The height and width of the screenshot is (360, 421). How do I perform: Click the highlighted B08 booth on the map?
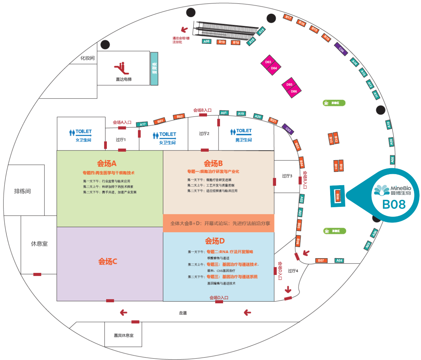(338, 196)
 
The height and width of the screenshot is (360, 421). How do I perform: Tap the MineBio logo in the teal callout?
(392, 191)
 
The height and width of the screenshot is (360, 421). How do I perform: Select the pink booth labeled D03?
(268, 62)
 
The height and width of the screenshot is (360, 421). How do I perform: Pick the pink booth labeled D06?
(294, 91)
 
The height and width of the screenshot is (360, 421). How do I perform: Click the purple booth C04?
(341, 49)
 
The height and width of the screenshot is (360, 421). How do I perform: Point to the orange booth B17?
(288, 17)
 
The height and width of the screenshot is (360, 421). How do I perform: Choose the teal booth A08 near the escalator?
(207, 41)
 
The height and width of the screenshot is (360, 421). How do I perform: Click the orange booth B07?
(321, 260)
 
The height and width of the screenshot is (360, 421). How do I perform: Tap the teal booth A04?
(339, 260)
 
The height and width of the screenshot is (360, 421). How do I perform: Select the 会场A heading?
(107, 163)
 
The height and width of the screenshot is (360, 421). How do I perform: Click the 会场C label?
(108, 261)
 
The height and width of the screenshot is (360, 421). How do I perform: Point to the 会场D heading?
(215, 241)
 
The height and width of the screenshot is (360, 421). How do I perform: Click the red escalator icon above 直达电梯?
(122, 68)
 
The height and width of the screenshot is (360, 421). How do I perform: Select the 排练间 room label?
(22, 191)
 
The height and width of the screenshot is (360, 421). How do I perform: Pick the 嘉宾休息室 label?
(124, 335)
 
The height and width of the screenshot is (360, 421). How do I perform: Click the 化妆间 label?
(87, 58)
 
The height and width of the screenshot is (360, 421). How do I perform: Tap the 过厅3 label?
(287, 176)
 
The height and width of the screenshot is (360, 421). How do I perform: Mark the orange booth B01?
(160, 121)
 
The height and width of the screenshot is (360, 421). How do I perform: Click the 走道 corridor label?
(183, 313)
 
